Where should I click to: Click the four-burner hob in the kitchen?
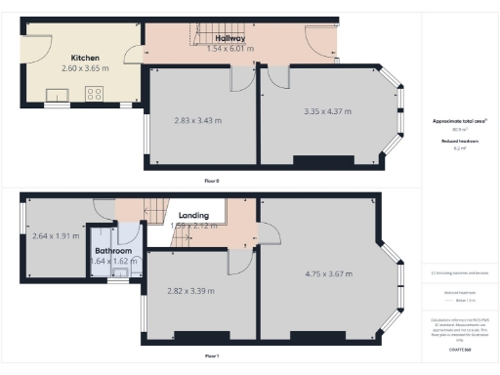click(96, 94)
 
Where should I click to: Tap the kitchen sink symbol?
click(54, 95)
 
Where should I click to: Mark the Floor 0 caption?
click(211, 181)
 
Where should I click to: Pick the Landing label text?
click(193, 215)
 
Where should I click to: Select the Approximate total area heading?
click(459, 121)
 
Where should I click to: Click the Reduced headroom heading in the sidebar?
click(458, 142)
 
